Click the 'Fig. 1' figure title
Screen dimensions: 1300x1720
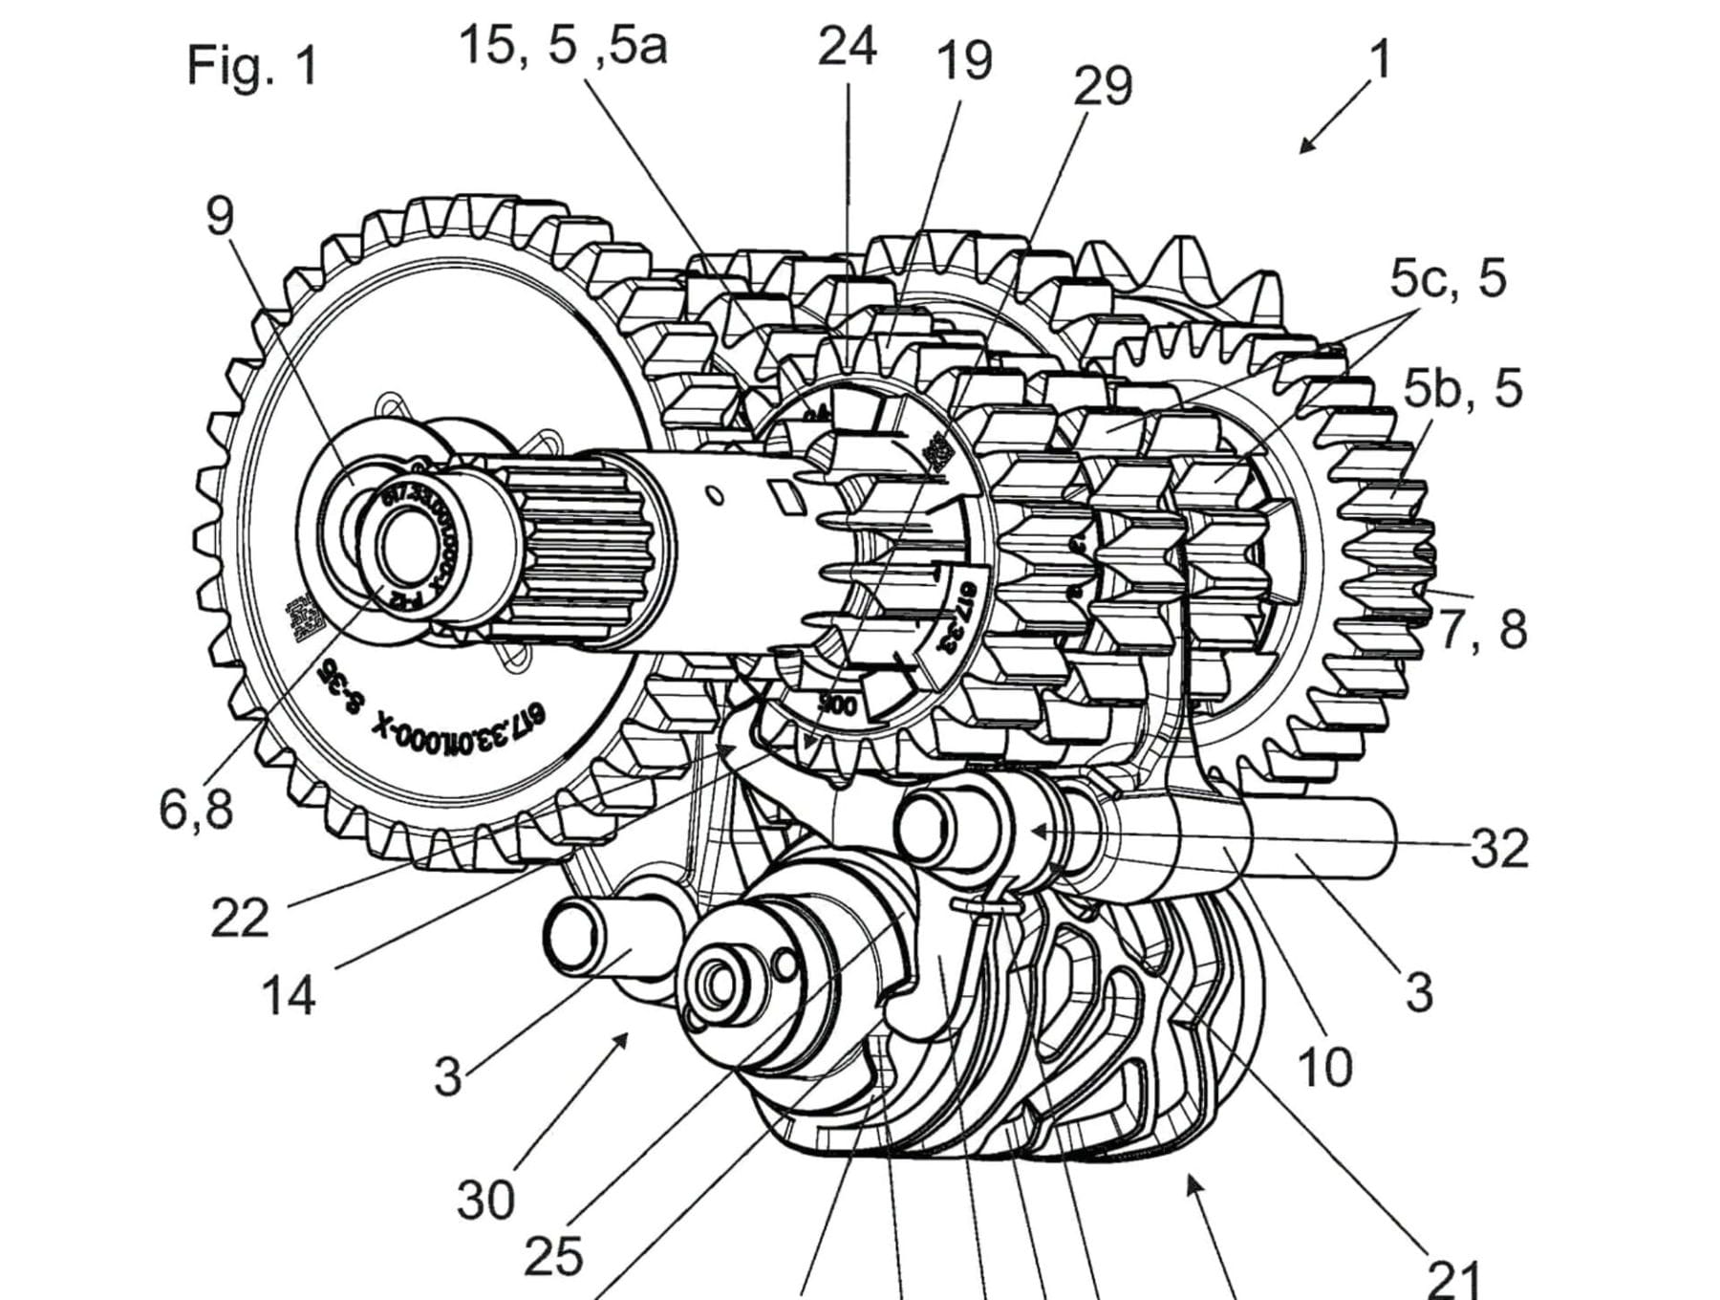click(252, 66)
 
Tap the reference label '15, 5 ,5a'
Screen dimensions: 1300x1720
click(563, 45)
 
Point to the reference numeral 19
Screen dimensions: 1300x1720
click(963, 60)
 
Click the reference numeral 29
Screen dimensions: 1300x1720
click(1102, 86)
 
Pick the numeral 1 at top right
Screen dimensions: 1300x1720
click(1379, 59)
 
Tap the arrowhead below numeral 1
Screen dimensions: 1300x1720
click(1305, 146)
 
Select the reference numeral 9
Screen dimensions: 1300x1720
click(220, 216)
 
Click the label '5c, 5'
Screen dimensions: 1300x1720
click(1447, 278)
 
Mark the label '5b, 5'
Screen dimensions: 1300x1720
click(1461, 389)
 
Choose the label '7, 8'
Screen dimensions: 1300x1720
click(1483, 630)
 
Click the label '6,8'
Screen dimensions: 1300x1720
click(196, 810)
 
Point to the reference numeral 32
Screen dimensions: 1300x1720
click(1498, 847)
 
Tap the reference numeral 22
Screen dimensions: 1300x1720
click(240, 919)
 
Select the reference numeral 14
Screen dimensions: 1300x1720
click(288, 995)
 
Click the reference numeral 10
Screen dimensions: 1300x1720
click(1324, 1066)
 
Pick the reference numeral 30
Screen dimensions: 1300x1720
click(485, 1200)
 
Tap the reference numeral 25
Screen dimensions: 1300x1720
click(553, 1256)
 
